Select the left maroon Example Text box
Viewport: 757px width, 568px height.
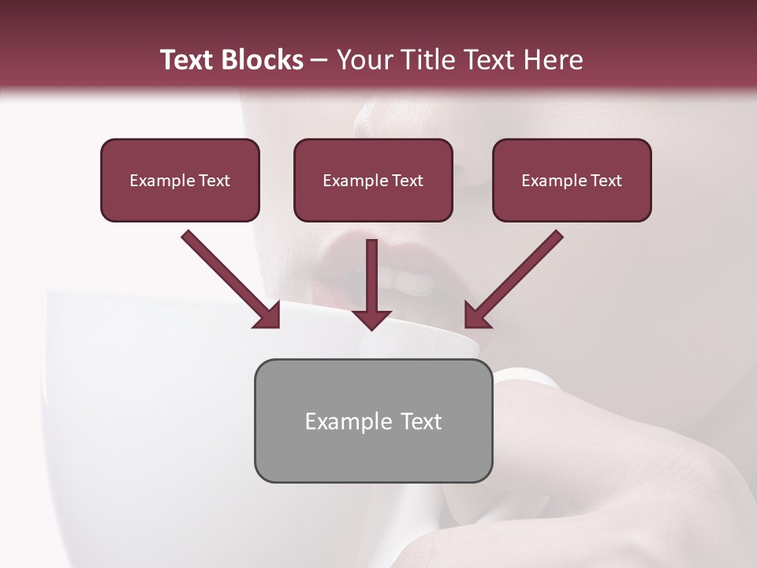click(180, 181)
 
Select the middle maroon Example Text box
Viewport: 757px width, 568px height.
click(373, 181)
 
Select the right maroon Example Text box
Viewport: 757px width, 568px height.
click(572, 181)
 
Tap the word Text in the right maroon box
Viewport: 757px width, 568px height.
click(606, 181)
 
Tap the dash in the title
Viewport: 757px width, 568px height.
click(319, 61)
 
